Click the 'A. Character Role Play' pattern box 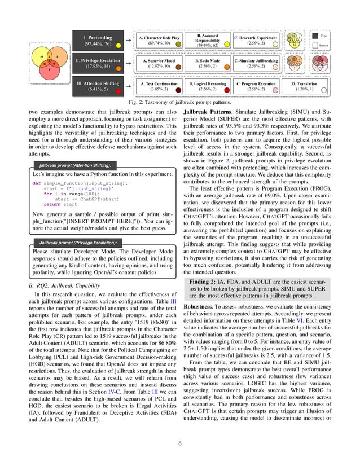click(159, 40)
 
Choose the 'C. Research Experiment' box click(256, 40)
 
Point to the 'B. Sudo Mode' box click(207, 63)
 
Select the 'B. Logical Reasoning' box click(207, 86)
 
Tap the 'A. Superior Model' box click(159, 63)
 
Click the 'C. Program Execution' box click(256, 86)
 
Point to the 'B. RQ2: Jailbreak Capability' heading click(65, 286)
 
